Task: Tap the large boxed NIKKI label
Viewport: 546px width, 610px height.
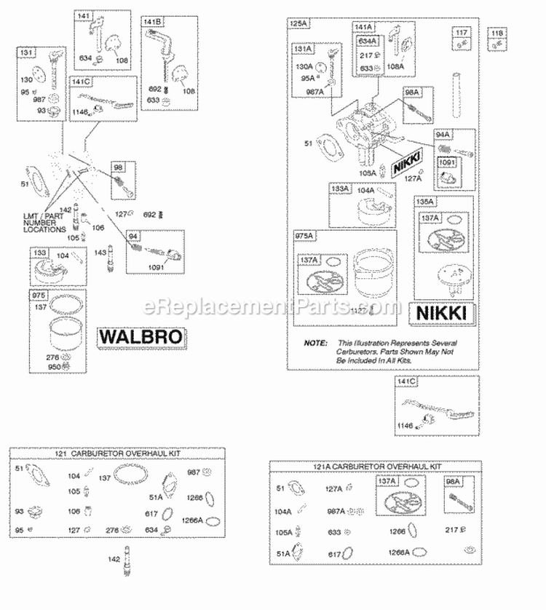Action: (444, 314)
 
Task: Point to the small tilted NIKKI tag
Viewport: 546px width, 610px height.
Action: (406, 165)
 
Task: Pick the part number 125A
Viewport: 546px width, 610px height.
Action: (298, 24)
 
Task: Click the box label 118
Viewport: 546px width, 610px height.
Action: (497, 33)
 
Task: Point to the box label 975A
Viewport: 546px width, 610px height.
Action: (304, 236)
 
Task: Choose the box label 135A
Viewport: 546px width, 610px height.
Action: (424, 202)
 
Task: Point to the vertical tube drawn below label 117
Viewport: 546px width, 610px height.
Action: (459, 87)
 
